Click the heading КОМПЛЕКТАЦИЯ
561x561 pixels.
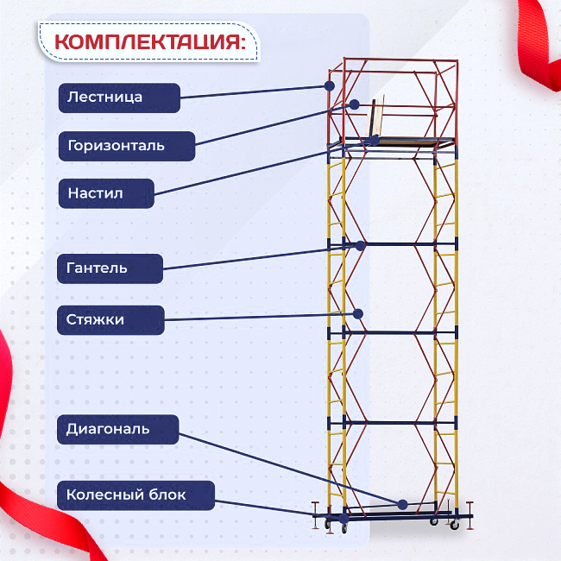coord(148,42)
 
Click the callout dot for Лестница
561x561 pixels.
coord(329,85)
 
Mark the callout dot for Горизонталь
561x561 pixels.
coord(354,104)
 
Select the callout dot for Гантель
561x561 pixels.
coord(360,245)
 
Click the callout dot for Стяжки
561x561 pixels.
coord(357,313)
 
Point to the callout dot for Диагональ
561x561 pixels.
coord(402,504)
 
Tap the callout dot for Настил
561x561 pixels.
coord(375,140)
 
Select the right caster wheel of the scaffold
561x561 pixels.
coord(455,524)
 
